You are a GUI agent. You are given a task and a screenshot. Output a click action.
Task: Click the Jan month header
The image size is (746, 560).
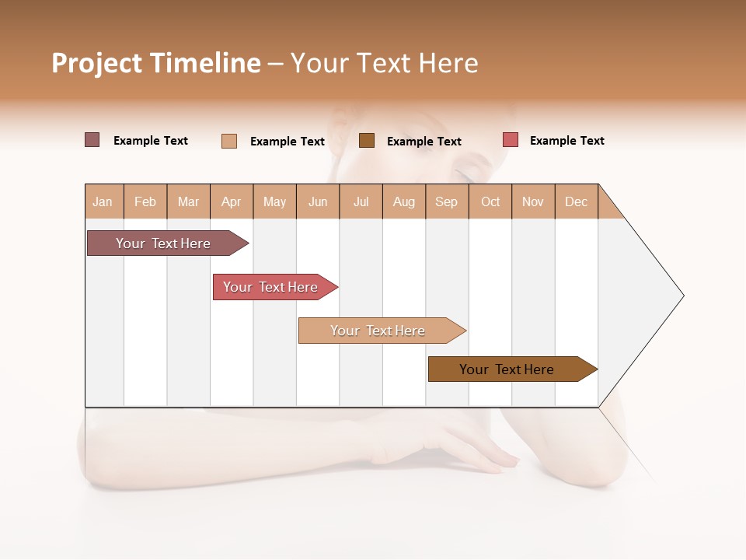[x=103, y=201]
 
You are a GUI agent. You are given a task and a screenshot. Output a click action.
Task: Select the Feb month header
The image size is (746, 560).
[x=145, y=201]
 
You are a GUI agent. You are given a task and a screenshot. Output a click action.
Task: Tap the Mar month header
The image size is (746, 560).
[x=188, y=201]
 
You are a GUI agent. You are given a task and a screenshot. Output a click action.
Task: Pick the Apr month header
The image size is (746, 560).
[x=232, y=201]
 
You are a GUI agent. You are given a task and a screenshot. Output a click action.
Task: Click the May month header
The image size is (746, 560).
[x=274, y=201]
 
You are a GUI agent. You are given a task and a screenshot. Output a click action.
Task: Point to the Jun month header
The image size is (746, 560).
[x=318, y=201]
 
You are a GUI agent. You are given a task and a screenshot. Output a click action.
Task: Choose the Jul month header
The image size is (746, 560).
[x=361, y=201]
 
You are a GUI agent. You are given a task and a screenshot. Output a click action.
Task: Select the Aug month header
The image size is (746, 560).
[x=404, y=201]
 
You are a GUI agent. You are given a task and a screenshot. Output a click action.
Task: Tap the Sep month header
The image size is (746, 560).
[x=447, y=201]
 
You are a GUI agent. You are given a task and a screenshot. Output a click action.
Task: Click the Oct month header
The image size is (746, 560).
[x=490, y=201]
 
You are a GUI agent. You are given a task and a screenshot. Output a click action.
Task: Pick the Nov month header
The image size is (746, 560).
[x=533, y=201]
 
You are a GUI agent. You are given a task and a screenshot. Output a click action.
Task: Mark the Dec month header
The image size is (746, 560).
[x=577, y=201]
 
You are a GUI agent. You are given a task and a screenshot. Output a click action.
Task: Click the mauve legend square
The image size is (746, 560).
[x=92, y=140]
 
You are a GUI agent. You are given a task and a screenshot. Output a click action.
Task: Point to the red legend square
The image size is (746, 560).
[x=510, y=140]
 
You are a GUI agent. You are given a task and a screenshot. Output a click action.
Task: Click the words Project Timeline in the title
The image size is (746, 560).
[x=156, y=63]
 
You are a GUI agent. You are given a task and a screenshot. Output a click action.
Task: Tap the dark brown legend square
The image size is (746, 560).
[x=367, y=140]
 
